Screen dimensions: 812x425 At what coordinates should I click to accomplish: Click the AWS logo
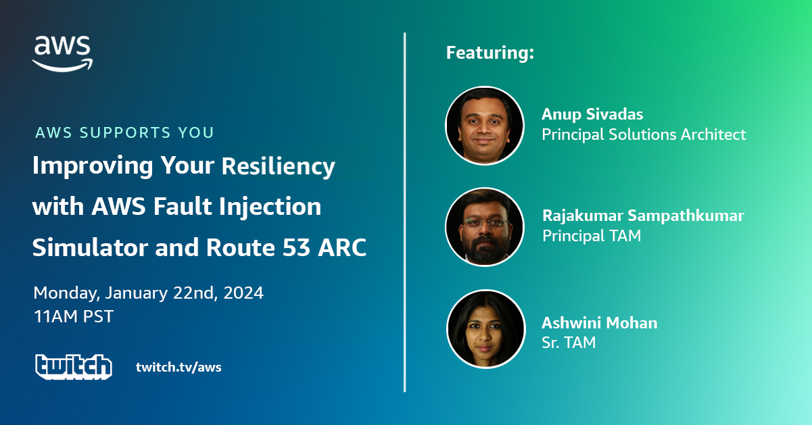click(x=62, y=53)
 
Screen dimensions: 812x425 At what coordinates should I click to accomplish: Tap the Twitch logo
click(x=74, y=367)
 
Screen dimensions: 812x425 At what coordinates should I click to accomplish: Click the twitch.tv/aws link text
click(x=178, y=367)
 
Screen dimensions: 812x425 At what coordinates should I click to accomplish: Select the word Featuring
click(x=487, y=53)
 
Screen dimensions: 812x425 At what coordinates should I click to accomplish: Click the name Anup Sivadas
click(x=592, y=114)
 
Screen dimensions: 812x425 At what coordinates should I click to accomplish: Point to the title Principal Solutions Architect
click(x=644, y=134)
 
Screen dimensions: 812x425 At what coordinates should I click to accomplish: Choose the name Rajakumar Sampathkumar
click(x=643, y=216)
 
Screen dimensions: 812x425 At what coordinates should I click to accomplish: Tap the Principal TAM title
click(x=592, y=236)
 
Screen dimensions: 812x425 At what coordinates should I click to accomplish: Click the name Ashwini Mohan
click(x=599, y=323)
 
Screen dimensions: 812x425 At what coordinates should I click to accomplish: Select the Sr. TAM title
click(x=569, y=343)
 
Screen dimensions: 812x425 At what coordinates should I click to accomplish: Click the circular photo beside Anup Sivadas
click(x=485, y=126)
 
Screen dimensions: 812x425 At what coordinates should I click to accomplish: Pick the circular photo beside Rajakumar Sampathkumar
click(x=485, y=227)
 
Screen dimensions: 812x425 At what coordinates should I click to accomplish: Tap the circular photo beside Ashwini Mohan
click(x=485, y=329)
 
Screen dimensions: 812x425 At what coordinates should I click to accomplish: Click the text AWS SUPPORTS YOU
click(x=124, y=132)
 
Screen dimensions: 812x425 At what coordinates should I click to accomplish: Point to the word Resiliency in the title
click(x=278, y=166)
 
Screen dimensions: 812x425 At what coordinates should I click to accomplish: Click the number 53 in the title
click(x=296, y=247)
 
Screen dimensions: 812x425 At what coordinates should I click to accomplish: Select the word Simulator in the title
click(x=90, y=247)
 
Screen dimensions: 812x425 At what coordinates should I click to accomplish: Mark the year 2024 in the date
click(x=243, y=293)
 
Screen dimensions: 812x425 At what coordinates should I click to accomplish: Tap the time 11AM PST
click(x=74, y=316)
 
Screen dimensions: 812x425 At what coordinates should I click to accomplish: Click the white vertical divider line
click(x=404, y=212)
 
